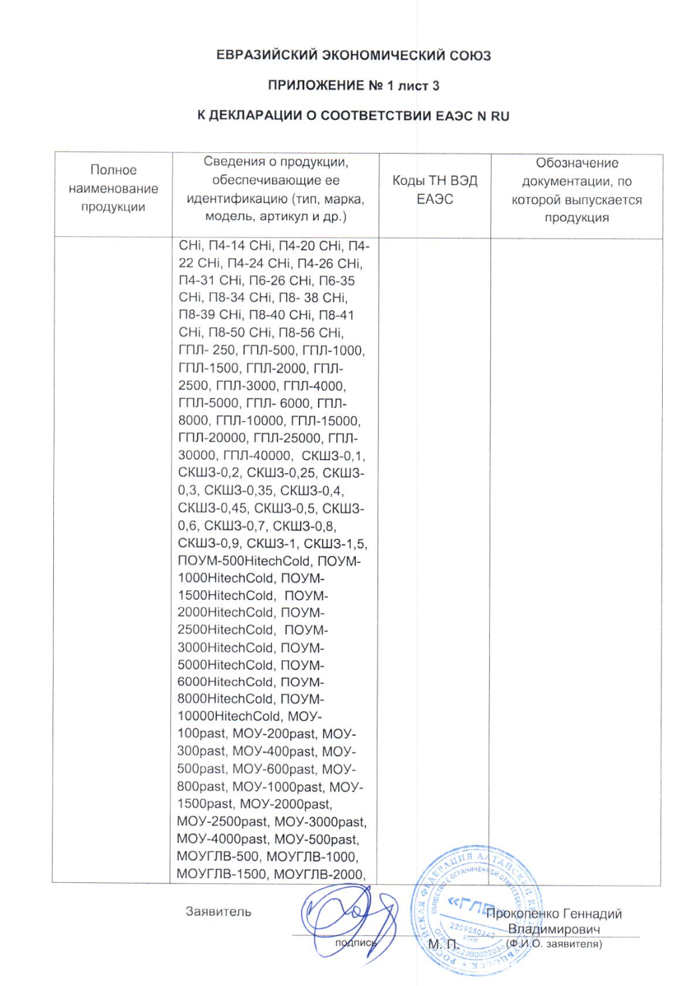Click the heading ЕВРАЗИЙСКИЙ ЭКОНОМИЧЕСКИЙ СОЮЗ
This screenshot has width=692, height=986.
pos(353,55)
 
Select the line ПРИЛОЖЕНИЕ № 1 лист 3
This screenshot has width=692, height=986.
pos(353,86)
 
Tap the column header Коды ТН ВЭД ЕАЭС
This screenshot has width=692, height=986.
pos(434,190)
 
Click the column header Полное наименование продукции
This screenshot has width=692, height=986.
pos(113,188)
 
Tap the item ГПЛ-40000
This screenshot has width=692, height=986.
pos(256,456)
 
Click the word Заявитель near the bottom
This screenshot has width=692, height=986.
pos(218,912)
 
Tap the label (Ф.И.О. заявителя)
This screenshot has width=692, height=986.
pos(554,943)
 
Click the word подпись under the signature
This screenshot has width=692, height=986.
pos(355,943)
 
